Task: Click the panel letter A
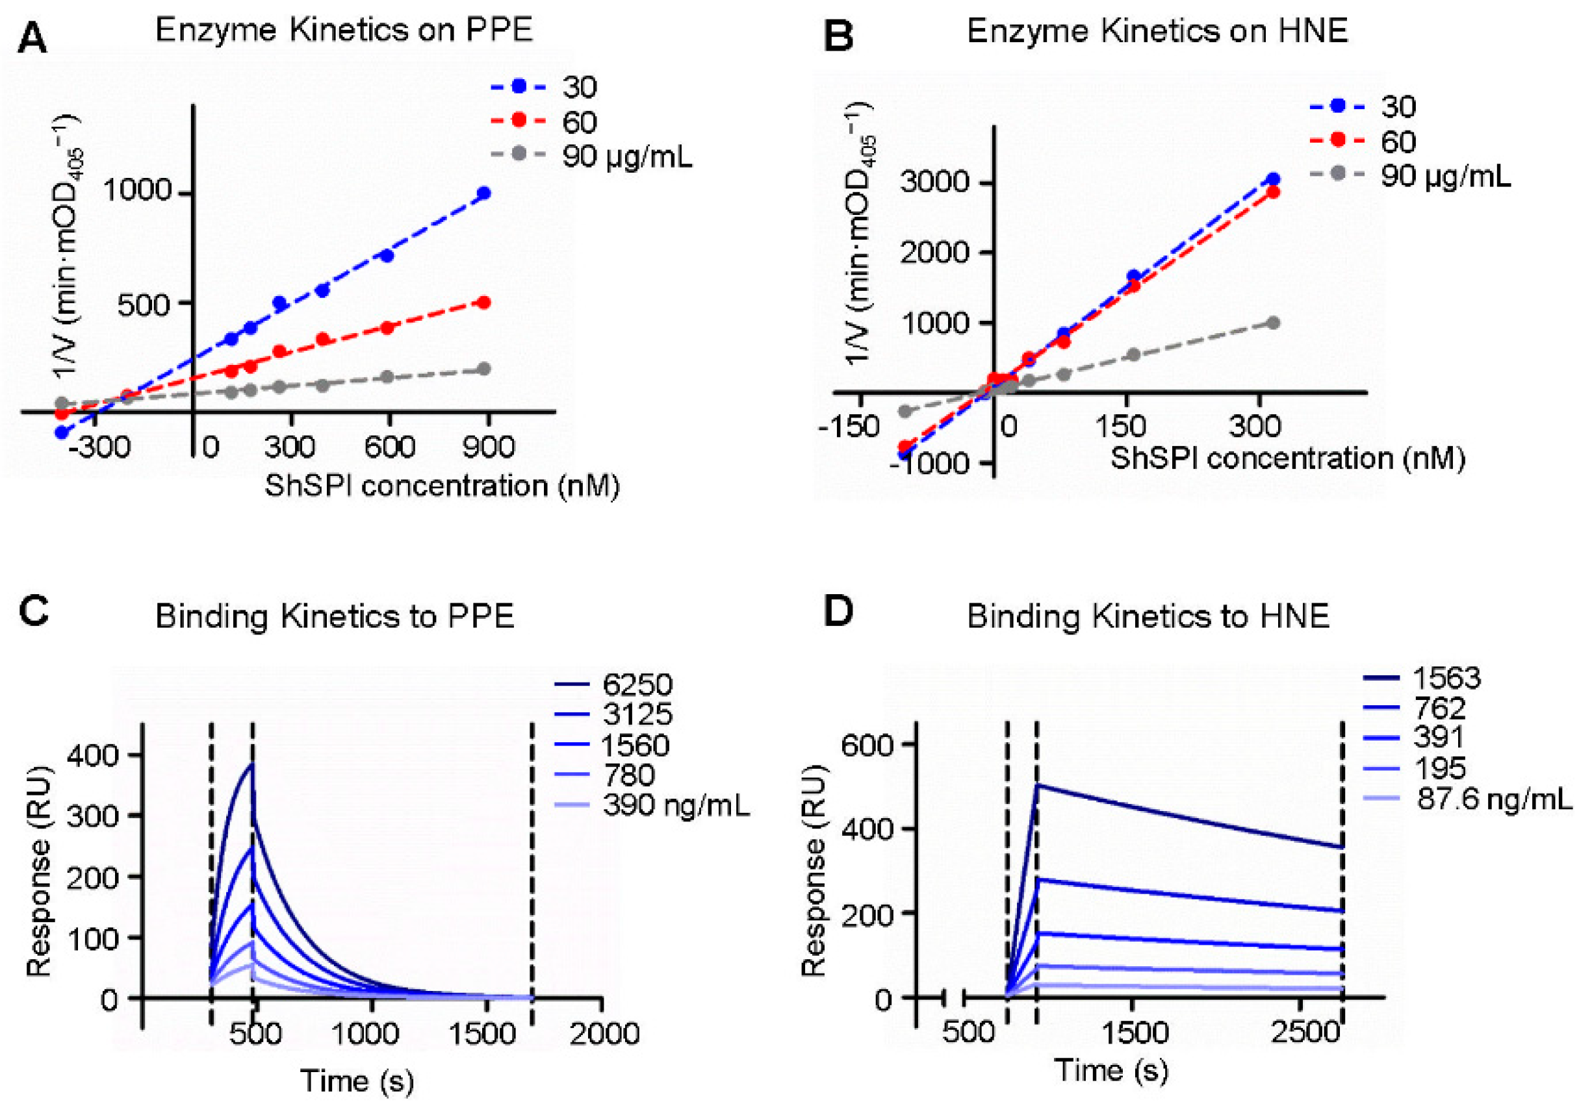point(32,38)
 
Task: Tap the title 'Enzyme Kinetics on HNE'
point(1157,32)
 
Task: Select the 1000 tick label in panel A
point(137,189)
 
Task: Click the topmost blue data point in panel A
point(484,194)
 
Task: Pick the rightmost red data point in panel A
point(484,303)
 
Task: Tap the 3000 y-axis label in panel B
point(933,182)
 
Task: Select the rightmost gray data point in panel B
point(1273,323)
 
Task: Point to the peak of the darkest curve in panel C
point(251,764)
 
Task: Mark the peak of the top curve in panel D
point(1037,784)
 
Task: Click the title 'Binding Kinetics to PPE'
point(334,616)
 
